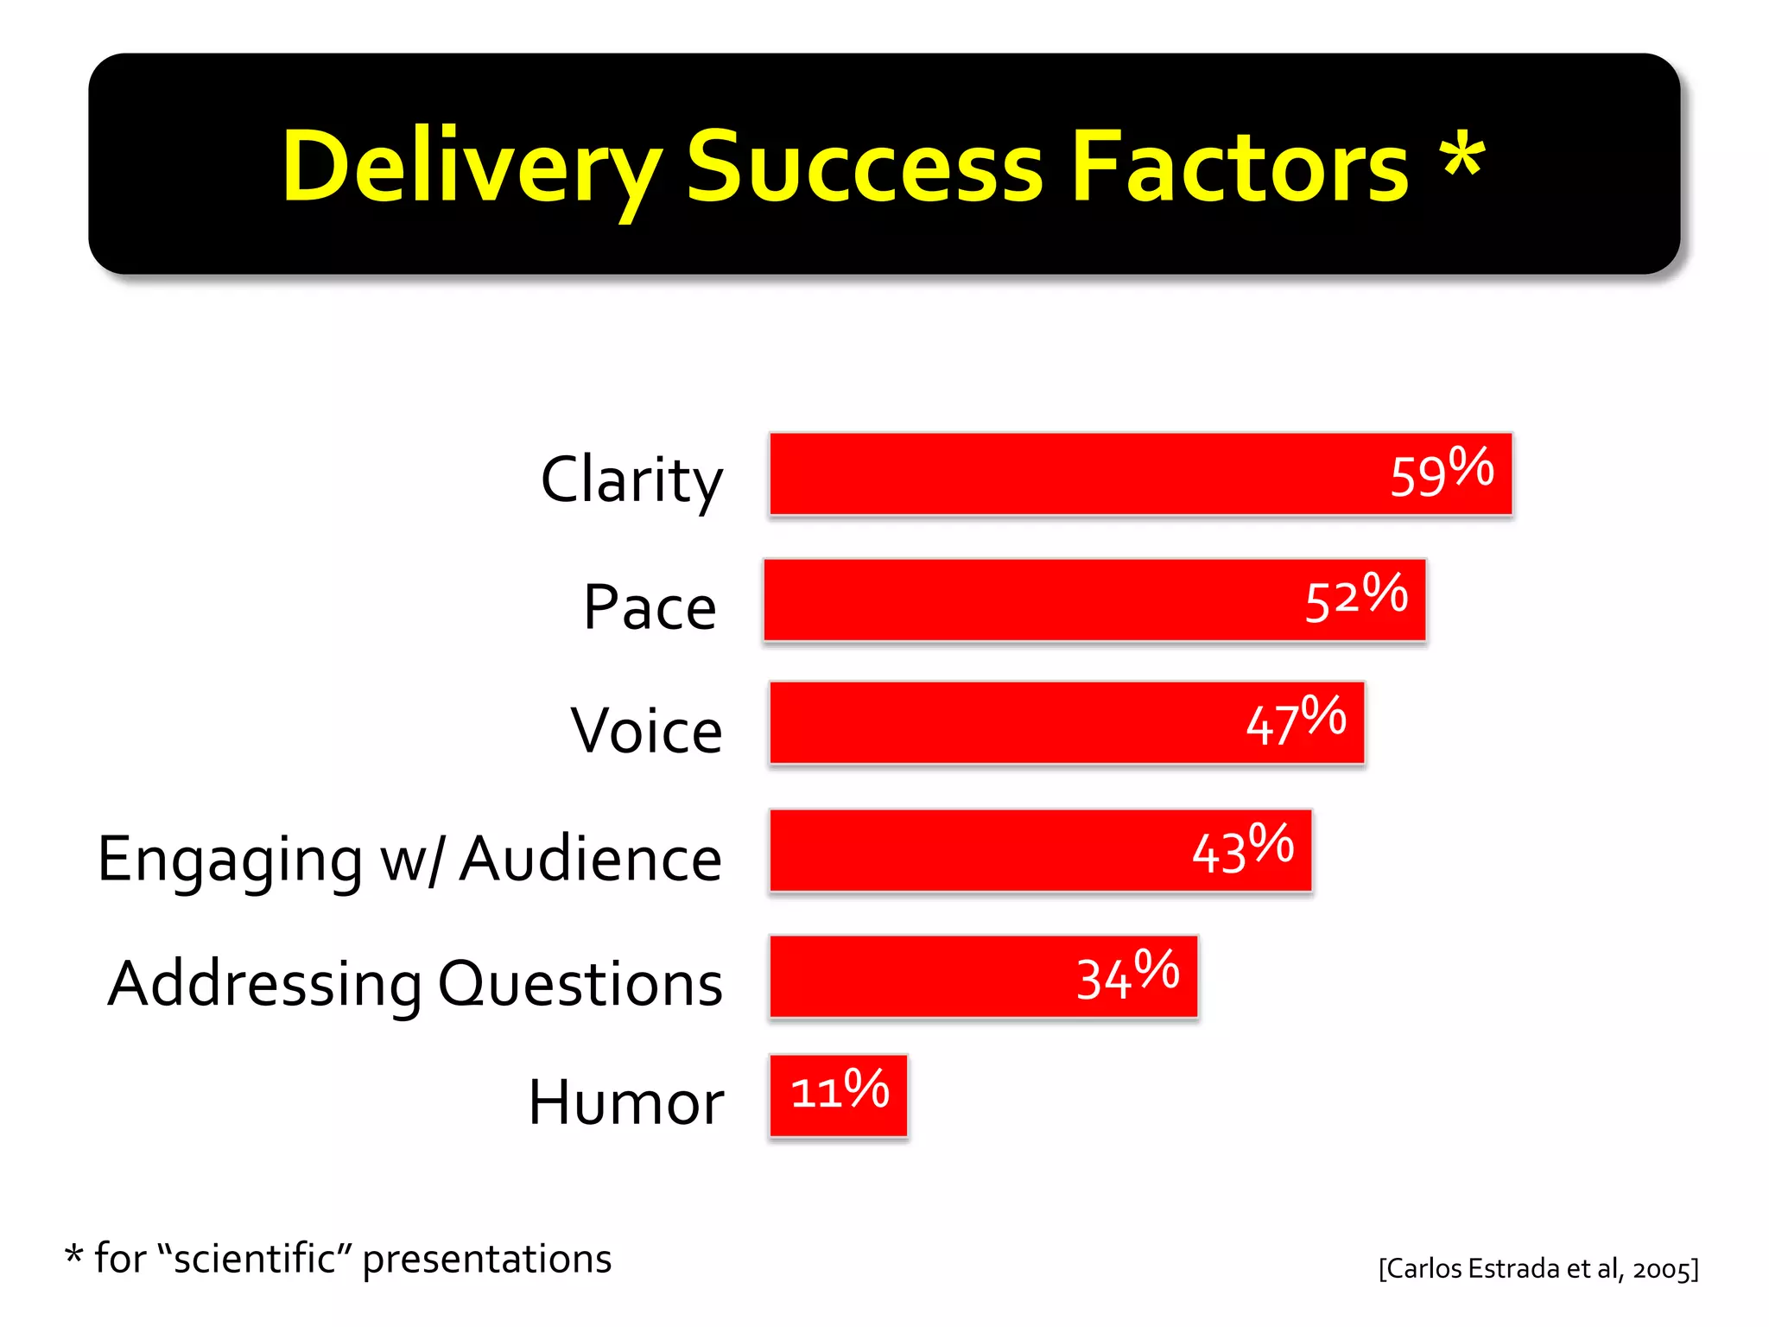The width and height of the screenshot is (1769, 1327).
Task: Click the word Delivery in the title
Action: coord(471,166)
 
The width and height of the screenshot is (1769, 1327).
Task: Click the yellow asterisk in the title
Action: coord(1461,156)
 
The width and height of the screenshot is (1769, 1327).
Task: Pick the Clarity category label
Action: coord(631,480)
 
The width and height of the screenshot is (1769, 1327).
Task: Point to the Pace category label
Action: coord(650,607)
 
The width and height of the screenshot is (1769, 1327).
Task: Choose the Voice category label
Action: coord(646,731)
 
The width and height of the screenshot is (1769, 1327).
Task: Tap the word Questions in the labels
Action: coord(580,983)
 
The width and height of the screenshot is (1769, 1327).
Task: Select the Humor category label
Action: coord(626,1102)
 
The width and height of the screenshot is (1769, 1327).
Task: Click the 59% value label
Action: coord(1441,473)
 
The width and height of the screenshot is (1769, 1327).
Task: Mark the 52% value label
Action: coord(1355,598)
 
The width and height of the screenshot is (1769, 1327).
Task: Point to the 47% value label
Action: coord(1295,721)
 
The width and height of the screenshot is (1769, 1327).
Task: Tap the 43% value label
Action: coord(1242,848)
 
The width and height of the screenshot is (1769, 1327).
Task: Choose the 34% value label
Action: coord(1127,975)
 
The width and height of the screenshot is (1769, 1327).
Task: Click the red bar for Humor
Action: coord(838,1095)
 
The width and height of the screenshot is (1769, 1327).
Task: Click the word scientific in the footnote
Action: coord(254,1259)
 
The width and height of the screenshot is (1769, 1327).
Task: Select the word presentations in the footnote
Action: coord(486,1260)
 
